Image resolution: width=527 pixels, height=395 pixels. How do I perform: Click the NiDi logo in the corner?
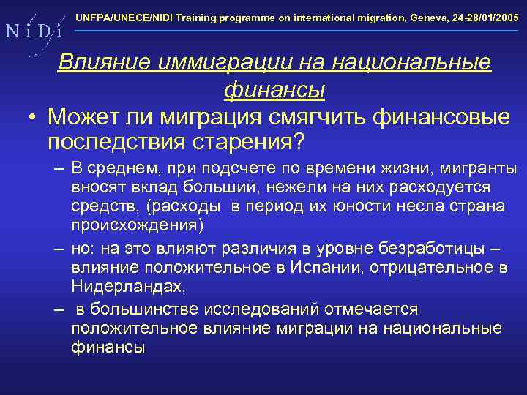pyautogui.click(x=33, y=31)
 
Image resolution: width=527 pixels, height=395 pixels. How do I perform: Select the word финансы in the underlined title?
pyautogui.click(x=274, y=90)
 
